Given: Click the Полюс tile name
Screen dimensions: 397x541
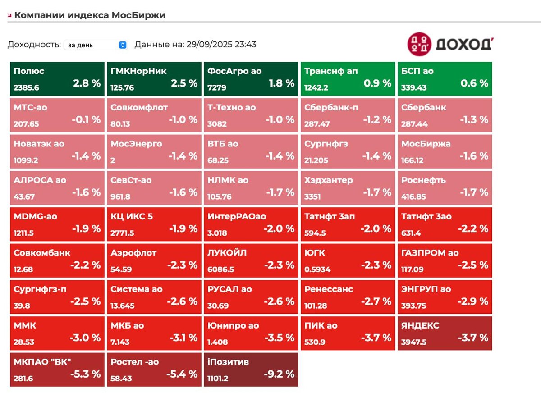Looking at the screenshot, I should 29,71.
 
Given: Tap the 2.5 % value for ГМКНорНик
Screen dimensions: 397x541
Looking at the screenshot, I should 184,83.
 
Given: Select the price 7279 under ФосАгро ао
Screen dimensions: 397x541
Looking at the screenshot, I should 217,87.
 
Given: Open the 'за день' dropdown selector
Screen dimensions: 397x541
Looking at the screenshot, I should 96,45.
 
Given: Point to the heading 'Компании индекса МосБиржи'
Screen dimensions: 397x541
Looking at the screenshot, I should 90,15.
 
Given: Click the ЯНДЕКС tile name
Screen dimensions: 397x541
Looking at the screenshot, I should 420,326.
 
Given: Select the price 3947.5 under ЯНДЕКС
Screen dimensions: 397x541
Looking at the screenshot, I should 414,342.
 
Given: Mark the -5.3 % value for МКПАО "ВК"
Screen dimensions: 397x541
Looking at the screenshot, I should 85,374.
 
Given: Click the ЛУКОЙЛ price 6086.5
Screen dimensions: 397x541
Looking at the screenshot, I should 221,269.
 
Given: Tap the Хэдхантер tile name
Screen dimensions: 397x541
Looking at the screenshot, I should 329,180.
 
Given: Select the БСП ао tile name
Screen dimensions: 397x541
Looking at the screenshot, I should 417,71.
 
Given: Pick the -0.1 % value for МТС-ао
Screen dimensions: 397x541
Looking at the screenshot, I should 86,120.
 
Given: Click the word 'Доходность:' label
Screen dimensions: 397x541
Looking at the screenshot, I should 34,45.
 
